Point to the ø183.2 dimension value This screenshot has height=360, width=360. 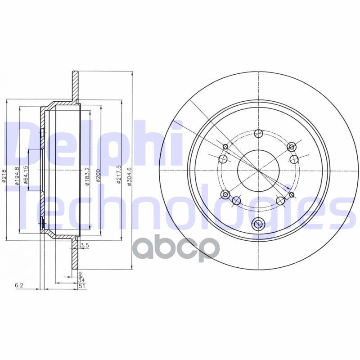(x=86, y=176)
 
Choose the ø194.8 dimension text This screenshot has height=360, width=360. (x=18, y=175)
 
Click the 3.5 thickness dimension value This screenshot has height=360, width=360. (x=83, y=245)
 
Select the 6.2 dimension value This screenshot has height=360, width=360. (x=19, y=285)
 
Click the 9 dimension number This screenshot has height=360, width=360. (x=80, y=273)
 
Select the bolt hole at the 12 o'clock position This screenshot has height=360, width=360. (x=258, y=133)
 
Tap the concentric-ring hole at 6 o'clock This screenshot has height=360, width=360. (x=258, y=223)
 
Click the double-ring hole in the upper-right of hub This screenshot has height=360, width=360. (x=292, y=147)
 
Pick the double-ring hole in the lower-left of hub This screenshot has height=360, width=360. (x=225, y=194)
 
